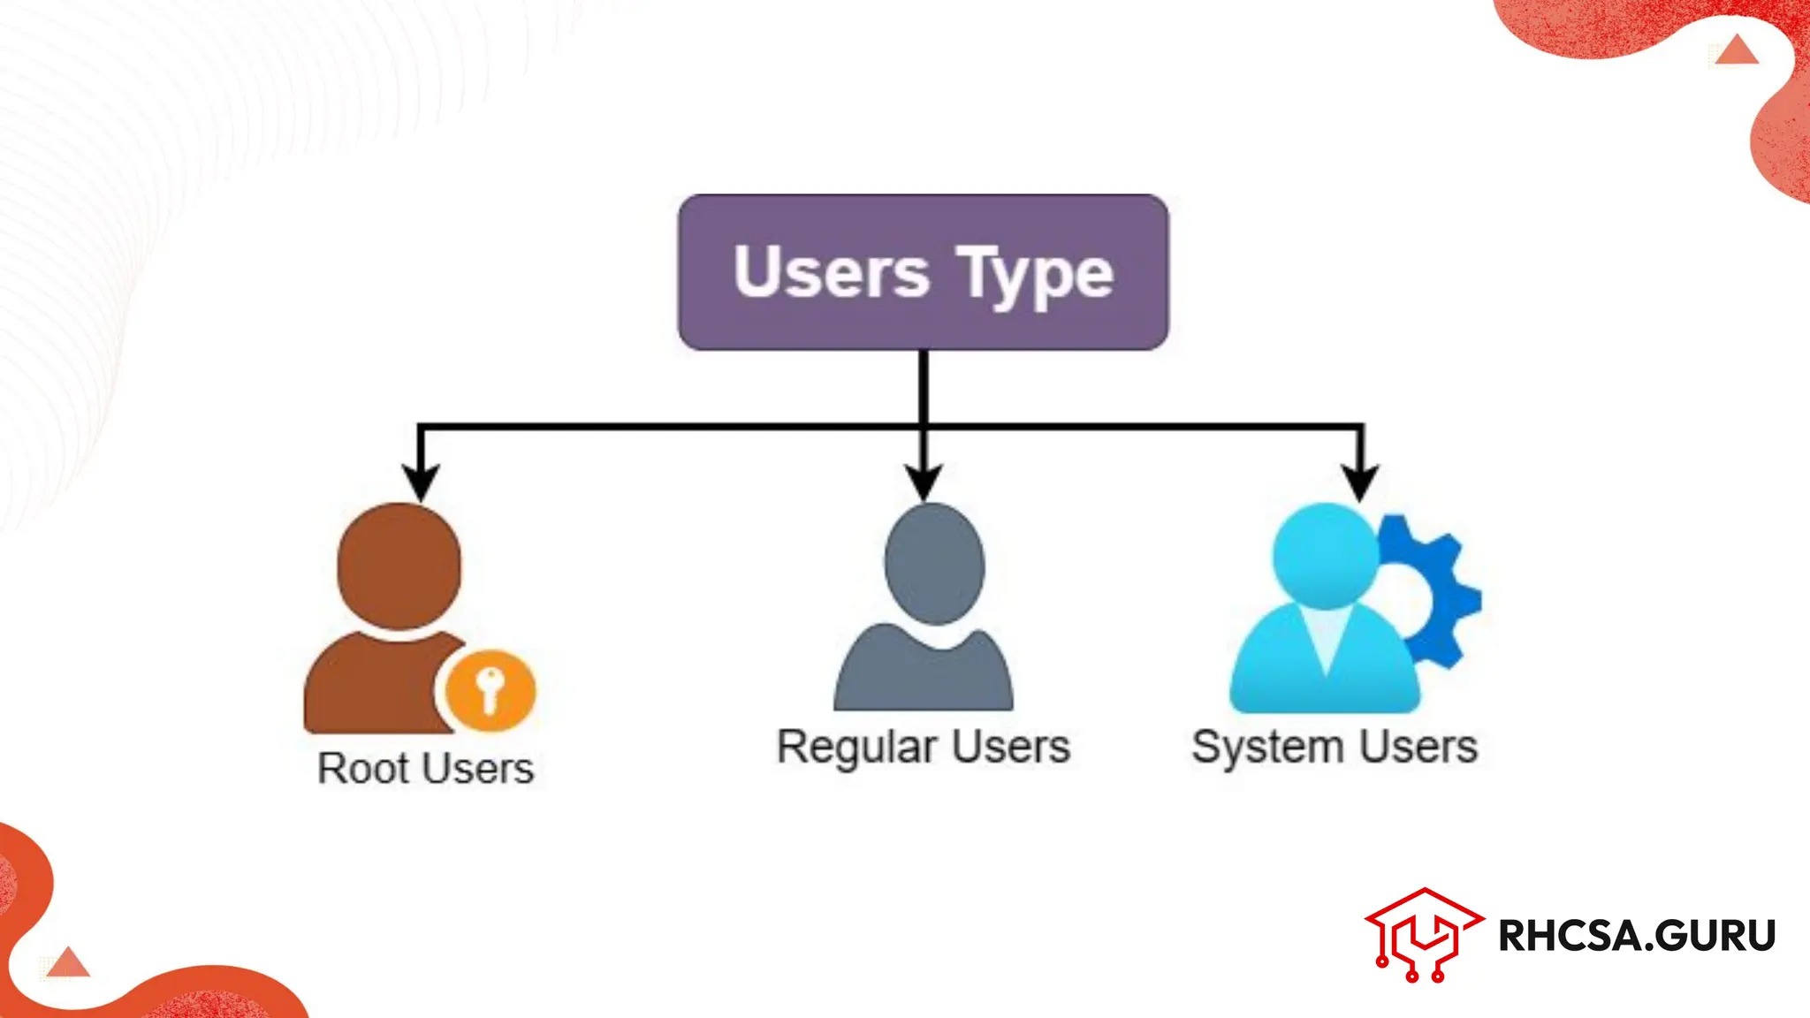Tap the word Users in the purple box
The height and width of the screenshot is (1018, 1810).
[831, 272]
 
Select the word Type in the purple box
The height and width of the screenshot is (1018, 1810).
[1035, 274]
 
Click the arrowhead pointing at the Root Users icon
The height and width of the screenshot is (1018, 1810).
[421, 482]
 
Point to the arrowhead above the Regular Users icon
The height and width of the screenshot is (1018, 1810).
[924, 482]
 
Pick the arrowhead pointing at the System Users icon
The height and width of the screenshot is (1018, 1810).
[1361, 482]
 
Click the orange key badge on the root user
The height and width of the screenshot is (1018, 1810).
[490, 690]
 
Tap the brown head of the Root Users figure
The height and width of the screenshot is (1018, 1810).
[399, 566]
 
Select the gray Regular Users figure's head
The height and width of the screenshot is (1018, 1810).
[934, 563]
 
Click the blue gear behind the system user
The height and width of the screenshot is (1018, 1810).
[1441, 583]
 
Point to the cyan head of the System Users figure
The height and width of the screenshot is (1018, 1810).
[1325, 555]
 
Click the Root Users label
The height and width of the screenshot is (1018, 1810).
[425, 768]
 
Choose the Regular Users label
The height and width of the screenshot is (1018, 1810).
[924, 747]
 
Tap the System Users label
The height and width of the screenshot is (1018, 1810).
[1335, 747]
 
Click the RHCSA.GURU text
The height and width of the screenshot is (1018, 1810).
[1637, 936]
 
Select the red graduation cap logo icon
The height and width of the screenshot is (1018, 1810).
[1423, 935]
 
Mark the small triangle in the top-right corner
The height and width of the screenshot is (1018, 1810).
[1737, 51]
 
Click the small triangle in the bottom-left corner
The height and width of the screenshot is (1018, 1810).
[68, 963]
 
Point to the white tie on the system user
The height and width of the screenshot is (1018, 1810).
[1325, 641]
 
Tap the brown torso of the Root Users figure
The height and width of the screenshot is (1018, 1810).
[371, 685]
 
